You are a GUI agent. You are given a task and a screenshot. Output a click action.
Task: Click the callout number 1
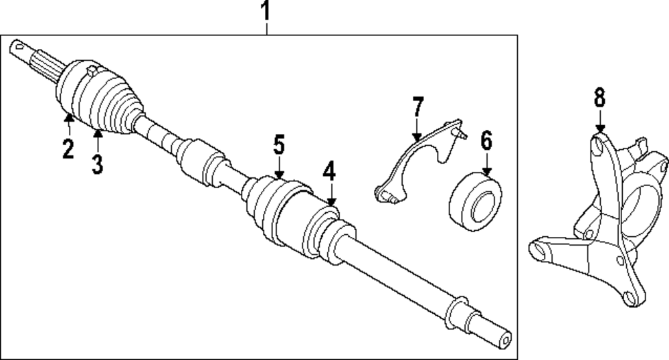point(266,11)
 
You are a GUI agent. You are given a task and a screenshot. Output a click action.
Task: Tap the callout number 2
point(68,148)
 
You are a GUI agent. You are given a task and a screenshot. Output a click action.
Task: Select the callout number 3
point(98,163)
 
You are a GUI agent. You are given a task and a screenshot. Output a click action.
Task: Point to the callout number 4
point(328,173)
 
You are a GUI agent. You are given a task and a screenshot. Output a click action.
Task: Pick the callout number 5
point(278,145)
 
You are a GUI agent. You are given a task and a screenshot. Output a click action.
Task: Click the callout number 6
point(486,141)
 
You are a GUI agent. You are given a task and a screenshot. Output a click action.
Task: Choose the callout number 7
point(418,107)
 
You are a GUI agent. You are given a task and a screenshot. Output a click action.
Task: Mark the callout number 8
point(599,98)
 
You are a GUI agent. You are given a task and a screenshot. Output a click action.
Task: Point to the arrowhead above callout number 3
point(98,134)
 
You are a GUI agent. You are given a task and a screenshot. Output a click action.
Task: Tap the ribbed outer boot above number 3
point(110,100)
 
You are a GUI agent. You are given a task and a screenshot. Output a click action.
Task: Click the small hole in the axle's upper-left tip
point(17,46)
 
